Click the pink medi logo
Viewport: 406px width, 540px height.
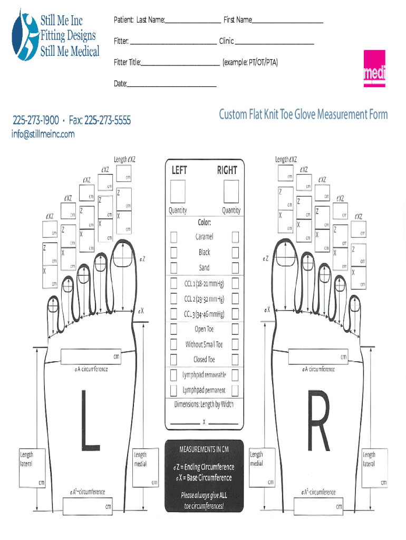tap(374, 69)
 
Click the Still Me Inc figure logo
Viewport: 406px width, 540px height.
tap(24, 34)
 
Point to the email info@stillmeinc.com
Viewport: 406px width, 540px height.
tap(43, 134)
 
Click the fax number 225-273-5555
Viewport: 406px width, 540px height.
tap(108, 121)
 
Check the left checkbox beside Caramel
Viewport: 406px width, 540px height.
tap(173, 237)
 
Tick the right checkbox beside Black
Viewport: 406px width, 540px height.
tap(235, 252)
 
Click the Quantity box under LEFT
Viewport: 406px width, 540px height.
tap(178, 191)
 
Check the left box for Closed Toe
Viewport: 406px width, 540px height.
tap(173, 360)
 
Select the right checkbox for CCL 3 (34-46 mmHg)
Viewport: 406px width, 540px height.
tap(235, 314)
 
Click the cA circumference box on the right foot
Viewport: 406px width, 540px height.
tap(316, 357)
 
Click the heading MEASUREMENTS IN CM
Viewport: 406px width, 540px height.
tap(204, 449)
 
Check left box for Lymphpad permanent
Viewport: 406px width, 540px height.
tap(173, 390)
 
